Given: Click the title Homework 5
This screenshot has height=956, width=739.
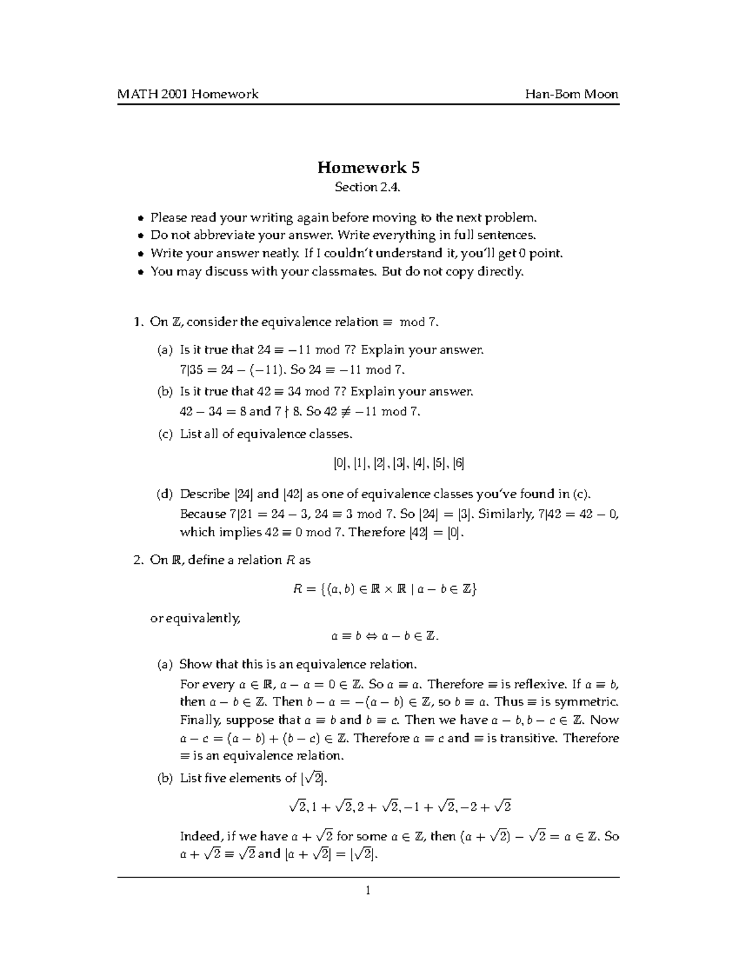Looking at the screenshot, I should (x=368, y=167).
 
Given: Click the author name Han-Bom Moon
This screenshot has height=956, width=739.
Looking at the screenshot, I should (x=571, y=94).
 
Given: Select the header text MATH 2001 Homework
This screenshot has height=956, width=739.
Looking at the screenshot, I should (x=188, y=94).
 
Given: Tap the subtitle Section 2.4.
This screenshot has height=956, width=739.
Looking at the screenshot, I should (x=368, y=187).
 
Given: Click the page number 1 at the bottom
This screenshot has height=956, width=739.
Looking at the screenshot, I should (x=368, y=890).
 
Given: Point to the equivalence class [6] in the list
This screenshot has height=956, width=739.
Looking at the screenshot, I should (x=458, y=464).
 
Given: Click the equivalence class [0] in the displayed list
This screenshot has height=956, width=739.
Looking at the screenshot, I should (x=340, y=464).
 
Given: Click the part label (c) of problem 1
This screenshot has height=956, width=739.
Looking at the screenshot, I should (x=164, y=435).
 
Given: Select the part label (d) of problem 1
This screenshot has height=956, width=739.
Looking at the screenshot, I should (x=164, y=494).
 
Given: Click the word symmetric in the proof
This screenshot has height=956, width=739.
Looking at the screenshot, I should (x=586, y=702).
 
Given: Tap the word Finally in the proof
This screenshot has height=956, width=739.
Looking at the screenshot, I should (x=200, y=720).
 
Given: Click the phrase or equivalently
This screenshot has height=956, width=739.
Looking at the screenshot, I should (x=195, y=618).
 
